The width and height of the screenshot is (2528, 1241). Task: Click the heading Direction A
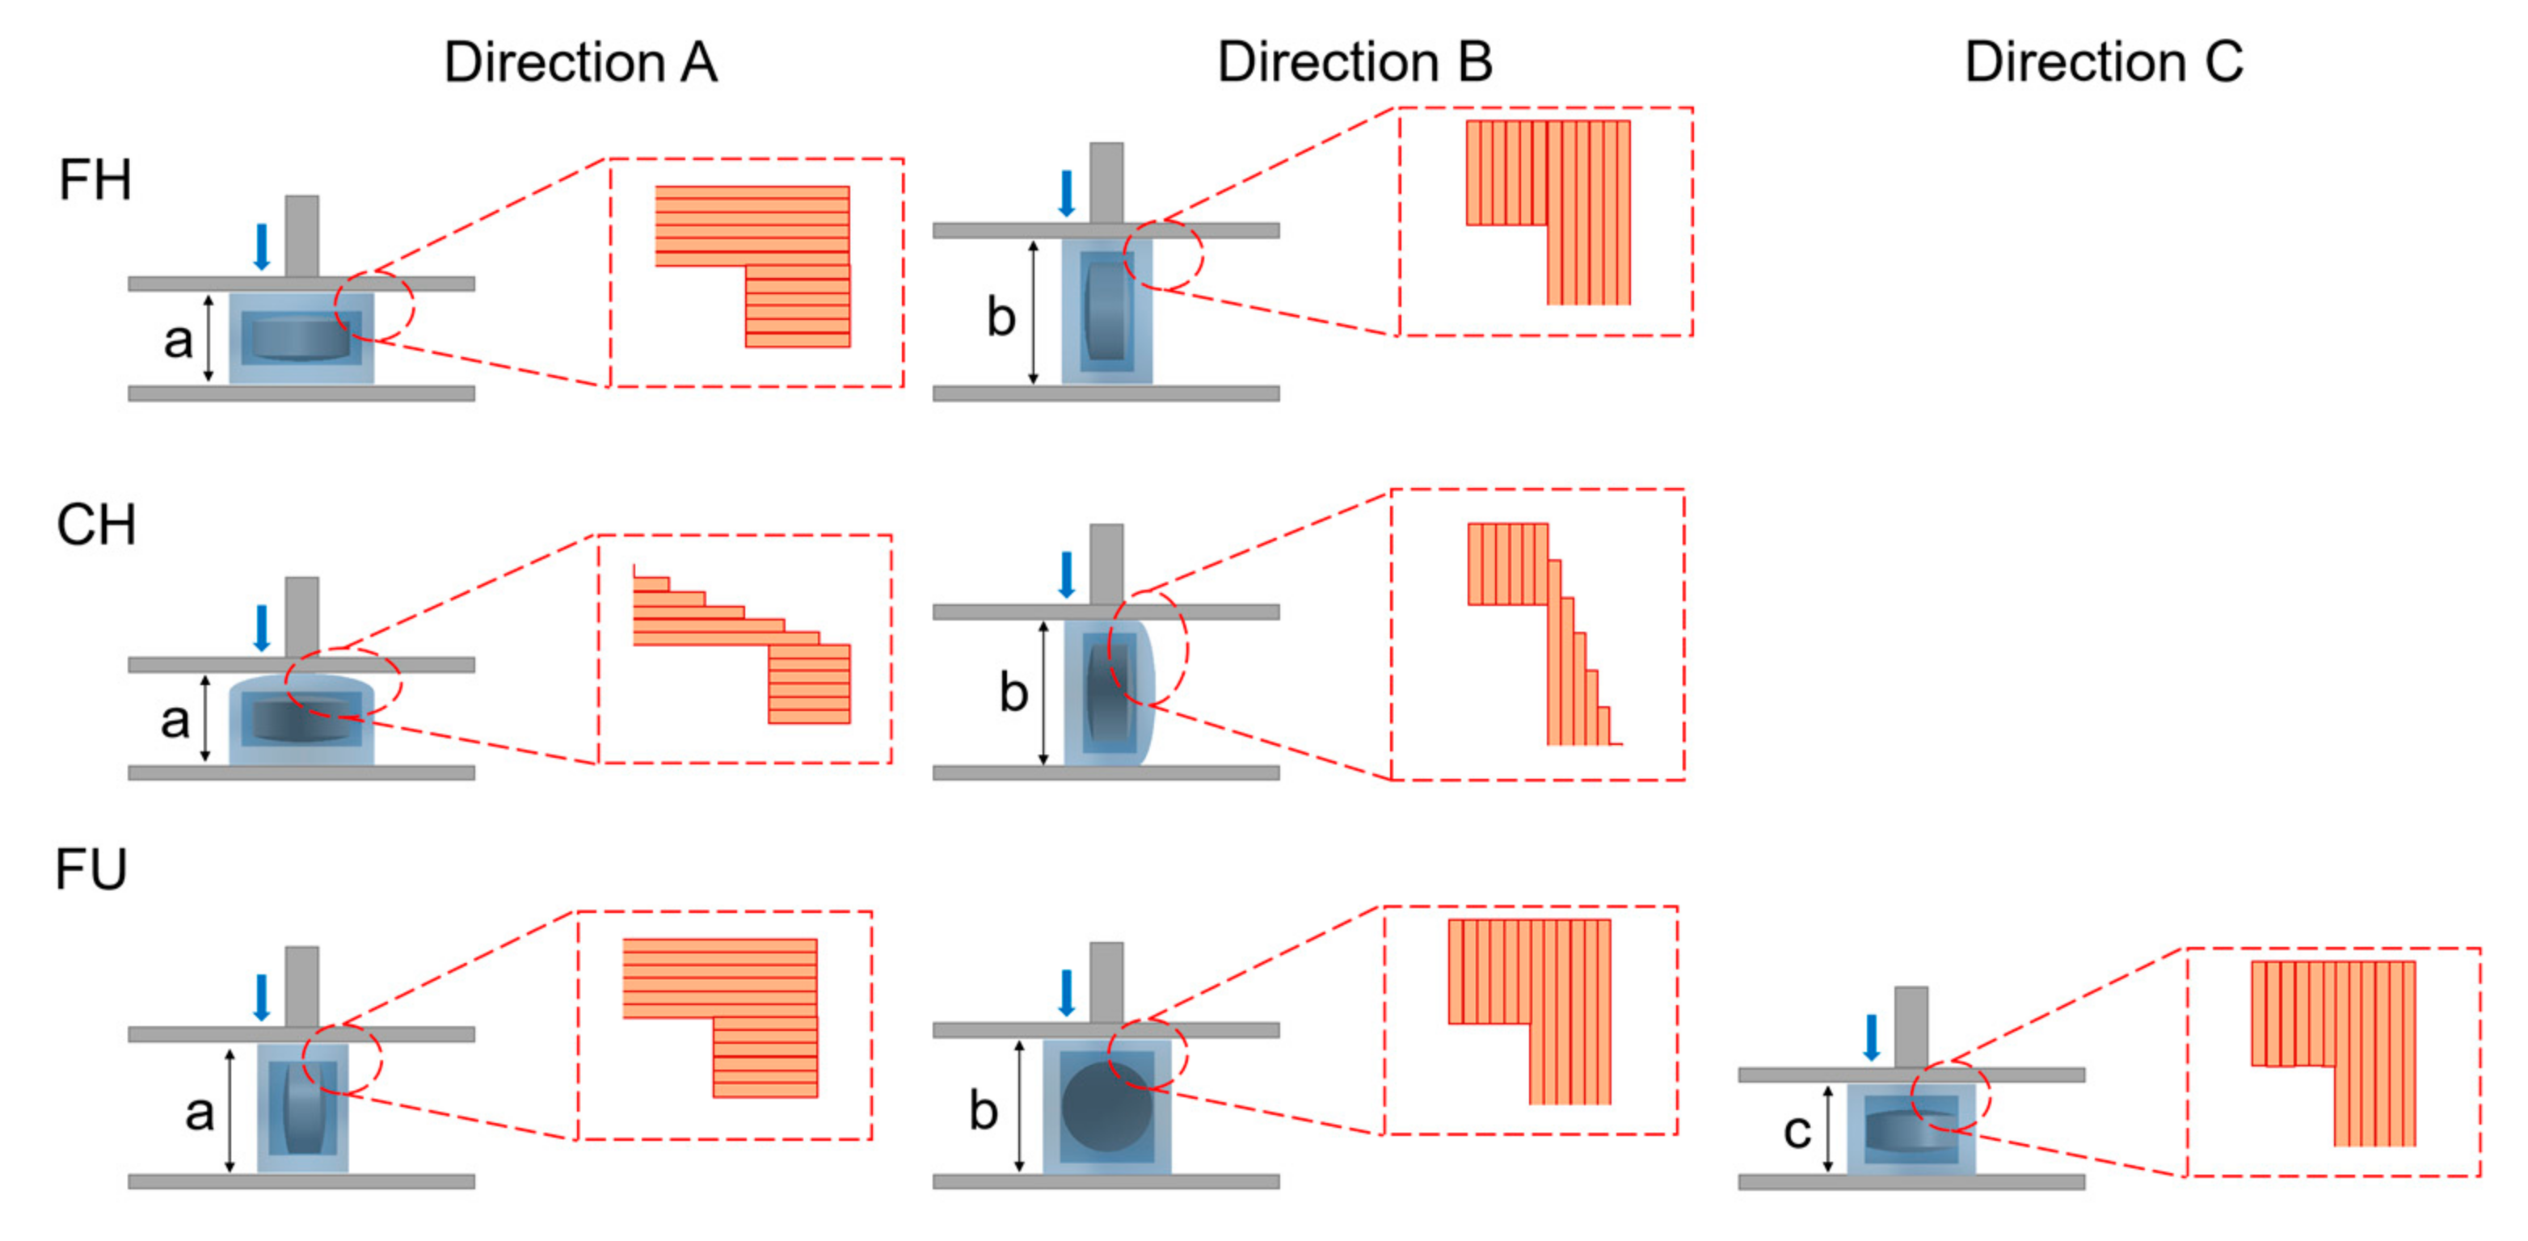coord(580,63)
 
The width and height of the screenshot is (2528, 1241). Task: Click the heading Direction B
coord(1355,63)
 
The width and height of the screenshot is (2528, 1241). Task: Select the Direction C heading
coord(2103,63)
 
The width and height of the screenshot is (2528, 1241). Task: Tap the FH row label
coord(95,180)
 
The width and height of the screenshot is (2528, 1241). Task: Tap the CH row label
coord(95,526)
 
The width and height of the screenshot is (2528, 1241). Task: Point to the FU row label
coord(91,870)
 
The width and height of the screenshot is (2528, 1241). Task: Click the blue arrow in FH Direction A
coord(261,246)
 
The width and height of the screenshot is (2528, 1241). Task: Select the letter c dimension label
coord(1796,1131)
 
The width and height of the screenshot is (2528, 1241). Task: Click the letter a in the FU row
coord(199,1113)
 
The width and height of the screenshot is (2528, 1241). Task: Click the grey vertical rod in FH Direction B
coord(1106,183)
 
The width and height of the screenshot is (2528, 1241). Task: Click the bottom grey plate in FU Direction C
coord(1911,1182)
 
